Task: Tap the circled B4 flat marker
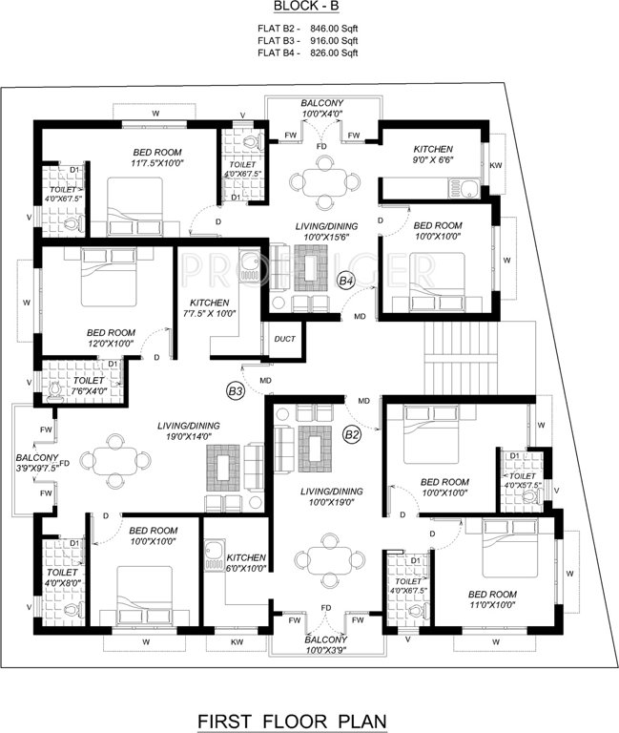pos(347,281)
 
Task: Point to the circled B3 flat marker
pos(236,390)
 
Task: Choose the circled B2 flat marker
pos(353,435)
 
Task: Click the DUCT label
pos(284,339)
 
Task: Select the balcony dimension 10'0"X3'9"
pos(325,652)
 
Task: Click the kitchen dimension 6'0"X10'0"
pos(245,570)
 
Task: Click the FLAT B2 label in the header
pos(279,29)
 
